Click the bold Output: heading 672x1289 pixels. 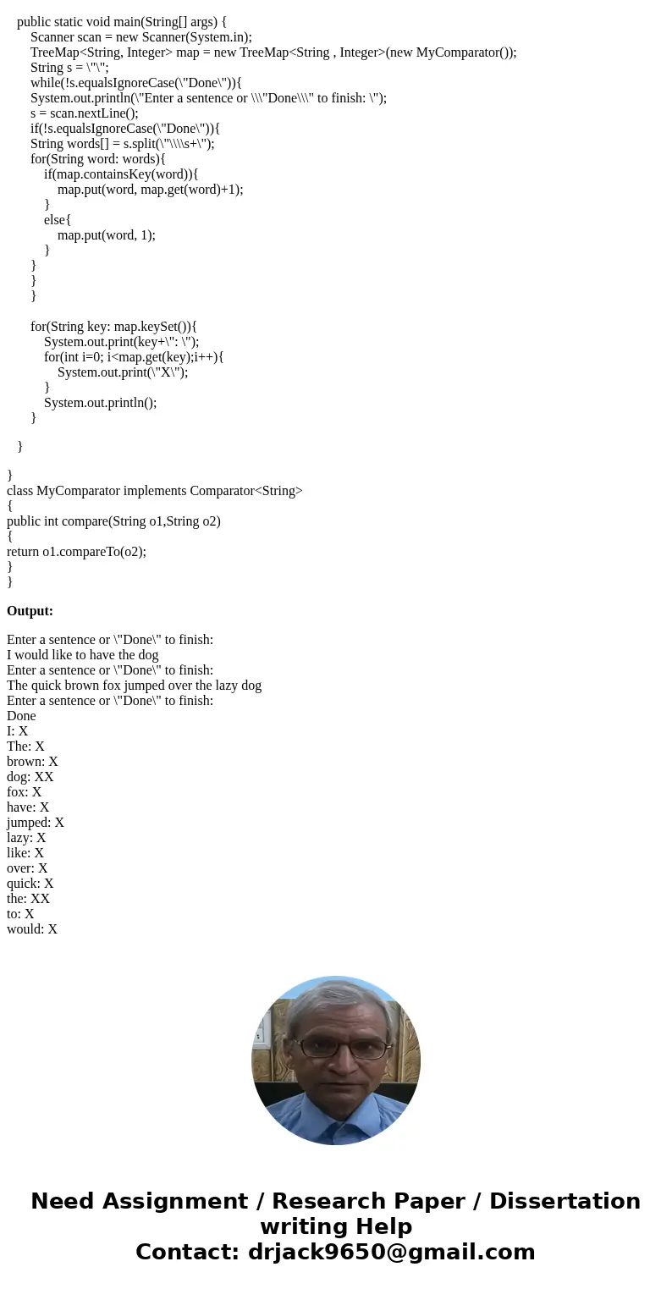[30, 611]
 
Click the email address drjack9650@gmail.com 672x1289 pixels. [391, 1252]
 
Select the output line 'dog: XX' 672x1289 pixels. [30, 777]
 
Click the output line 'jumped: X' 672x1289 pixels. [36, 823]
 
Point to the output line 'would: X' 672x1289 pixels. [32, 929]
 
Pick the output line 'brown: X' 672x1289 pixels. [32, 762]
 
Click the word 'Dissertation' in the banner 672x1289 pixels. [565, 1202]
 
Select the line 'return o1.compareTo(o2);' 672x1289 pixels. [76, 552]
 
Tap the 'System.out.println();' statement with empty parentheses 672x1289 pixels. [100, 403]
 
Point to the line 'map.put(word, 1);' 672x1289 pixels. [107, 235]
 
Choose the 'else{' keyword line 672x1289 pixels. [58, 220]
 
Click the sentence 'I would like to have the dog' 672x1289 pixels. [83, 655]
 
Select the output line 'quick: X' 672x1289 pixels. [30, 884]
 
